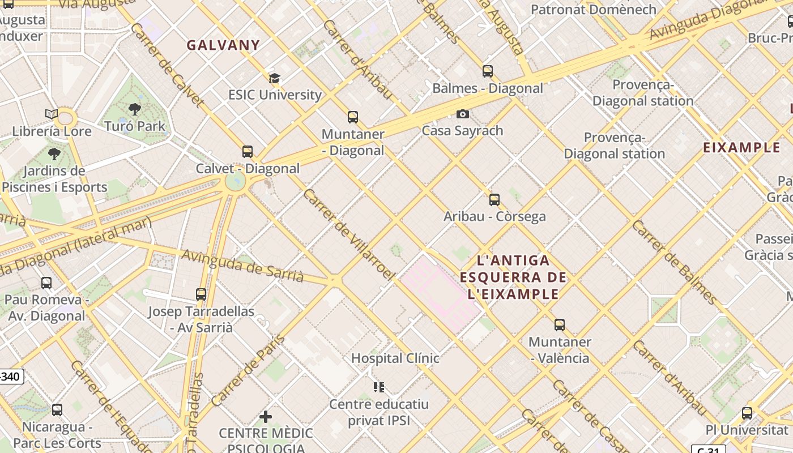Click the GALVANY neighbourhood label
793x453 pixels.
pos(223,45)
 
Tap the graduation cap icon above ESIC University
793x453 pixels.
pos(275,79)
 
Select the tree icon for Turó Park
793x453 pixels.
pos(135,109)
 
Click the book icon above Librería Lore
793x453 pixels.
pos(52,114)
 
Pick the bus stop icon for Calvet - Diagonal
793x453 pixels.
pos(248,152)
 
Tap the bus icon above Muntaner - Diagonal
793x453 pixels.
pos(353,117)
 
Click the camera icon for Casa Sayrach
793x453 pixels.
pos(463,114)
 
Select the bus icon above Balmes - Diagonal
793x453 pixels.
pos(488,71)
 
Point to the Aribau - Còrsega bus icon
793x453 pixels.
pos(494,200)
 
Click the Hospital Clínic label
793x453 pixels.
pos(395,358)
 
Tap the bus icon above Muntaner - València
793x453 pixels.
pos(560,325)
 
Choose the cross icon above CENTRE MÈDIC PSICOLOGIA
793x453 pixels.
pos(265,417)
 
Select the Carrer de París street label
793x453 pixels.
pos(249,370)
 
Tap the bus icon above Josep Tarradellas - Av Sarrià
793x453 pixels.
pos(201,294)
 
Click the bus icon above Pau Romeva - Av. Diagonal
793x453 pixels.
pos(46,283)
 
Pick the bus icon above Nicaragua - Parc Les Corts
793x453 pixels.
pos(57,410)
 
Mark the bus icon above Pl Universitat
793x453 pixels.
pos(747,413)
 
